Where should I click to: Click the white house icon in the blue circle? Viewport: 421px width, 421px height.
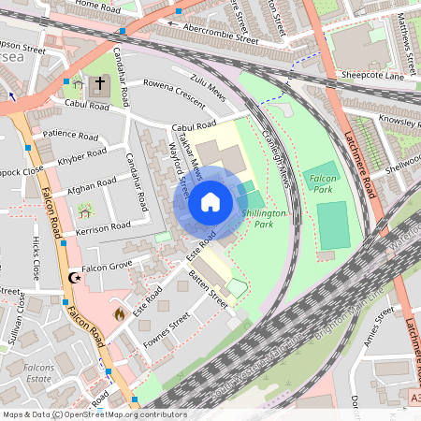(x=210, y=201)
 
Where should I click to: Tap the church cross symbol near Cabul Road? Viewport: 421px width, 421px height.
(x=100, y=83)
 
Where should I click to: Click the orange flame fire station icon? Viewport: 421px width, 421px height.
(x=119, y=314)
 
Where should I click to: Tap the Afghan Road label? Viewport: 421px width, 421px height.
(x=92, y=189)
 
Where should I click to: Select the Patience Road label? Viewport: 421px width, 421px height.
(x=69, y=137)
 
